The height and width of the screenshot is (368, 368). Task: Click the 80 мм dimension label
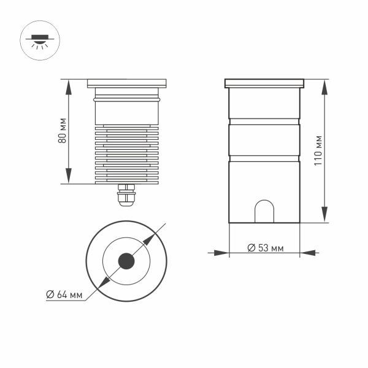point(63,132)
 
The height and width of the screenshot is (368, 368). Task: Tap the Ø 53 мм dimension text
point(265,248)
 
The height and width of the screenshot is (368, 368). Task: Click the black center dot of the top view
point(127,261)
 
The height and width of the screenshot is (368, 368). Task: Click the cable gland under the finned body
point(127,195)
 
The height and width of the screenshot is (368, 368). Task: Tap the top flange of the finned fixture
point(127,82)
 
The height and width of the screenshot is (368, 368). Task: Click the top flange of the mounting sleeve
point(264,83)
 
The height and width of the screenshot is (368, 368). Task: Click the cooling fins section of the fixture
point(127,153)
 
